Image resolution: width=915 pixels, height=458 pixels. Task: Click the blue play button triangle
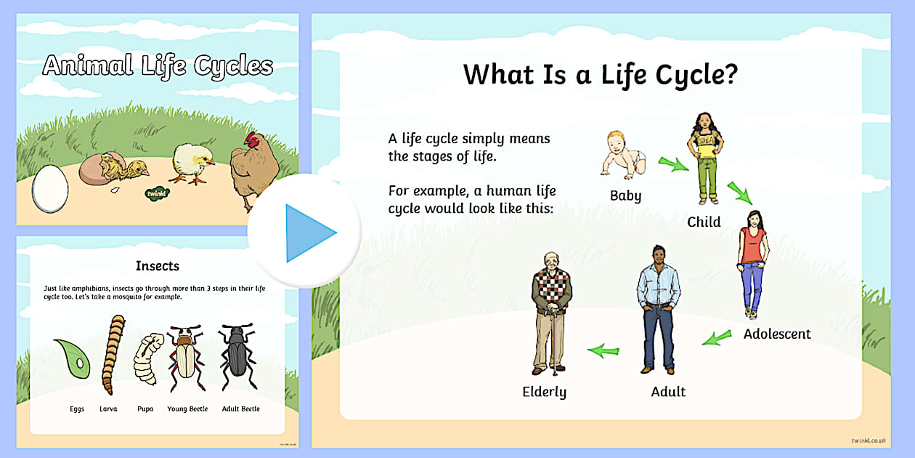point(308,233)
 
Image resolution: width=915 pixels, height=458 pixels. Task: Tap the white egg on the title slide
point(51,188)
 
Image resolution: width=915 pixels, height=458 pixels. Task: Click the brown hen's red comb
point(252,138)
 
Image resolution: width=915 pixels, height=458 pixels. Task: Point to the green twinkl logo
point(158,193)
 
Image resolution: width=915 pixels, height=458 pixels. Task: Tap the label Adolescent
point(777,334)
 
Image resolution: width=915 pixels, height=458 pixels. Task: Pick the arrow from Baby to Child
point(672,164)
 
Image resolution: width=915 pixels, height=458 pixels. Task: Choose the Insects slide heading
point(158,266)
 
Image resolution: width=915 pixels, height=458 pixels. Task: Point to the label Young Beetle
point(187,409)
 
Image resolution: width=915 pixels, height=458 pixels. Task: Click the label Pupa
point(145,409)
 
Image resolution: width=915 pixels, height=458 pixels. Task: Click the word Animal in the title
point(87,66)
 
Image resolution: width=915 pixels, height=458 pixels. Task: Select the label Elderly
point(545,392)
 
